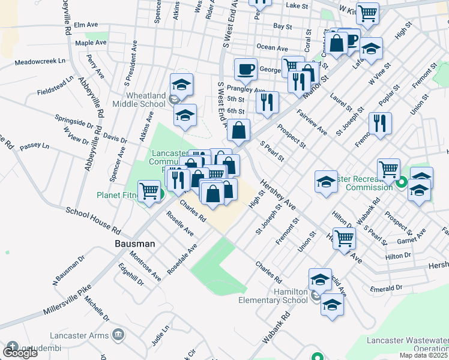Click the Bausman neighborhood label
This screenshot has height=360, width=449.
pos(135,244)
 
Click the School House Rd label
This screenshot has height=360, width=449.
pos(93,220)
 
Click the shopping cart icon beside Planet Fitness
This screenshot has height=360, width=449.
pos(149,191)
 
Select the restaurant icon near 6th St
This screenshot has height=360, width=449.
pos(267,101)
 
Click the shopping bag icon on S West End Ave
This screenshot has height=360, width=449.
pos(239,130)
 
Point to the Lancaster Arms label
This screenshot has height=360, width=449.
pos(87,334)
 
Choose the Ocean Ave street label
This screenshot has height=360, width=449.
pos(272,47)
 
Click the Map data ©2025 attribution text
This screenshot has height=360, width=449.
pos(423,355)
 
